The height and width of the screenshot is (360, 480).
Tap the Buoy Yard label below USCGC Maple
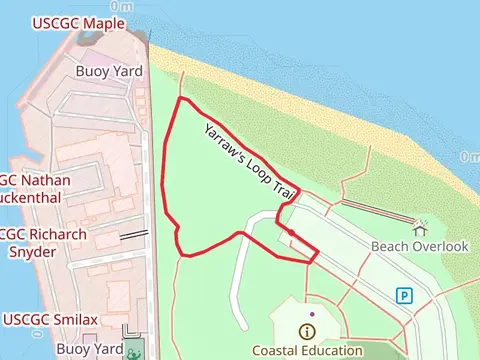tap(110, 71)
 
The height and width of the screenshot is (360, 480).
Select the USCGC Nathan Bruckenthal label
tap(34, 189)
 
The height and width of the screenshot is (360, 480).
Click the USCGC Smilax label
tap(50, 320)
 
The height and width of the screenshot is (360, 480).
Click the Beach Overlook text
tap(419, 246)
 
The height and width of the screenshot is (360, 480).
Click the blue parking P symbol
tap(404, 295)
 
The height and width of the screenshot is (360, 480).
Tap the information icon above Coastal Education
tap(306, 331)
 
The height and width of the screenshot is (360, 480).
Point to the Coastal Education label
tap(307, 350)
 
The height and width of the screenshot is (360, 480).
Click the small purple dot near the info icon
tap(312, 315)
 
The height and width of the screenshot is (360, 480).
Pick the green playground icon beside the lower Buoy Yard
tap(133, 350)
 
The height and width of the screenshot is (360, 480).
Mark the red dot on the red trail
tap(290, 232)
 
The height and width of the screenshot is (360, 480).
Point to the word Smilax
tap(74, 320)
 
